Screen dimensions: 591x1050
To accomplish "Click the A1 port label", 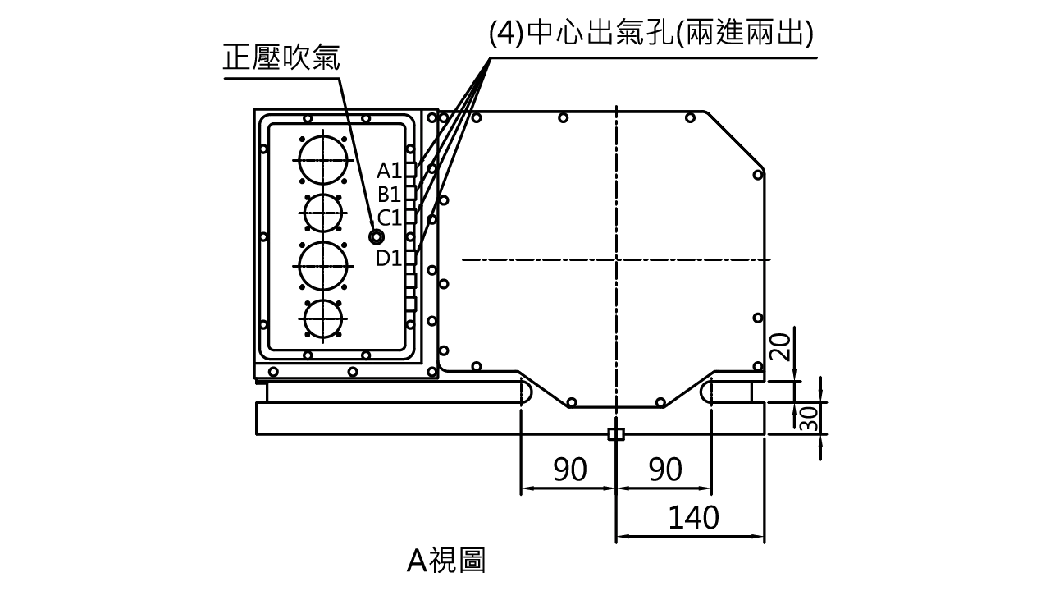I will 389,171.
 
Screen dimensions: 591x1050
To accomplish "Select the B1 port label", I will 389,195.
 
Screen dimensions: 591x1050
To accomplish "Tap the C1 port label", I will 389,218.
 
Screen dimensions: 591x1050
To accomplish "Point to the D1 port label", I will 387,258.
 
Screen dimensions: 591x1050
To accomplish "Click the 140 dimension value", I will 695,519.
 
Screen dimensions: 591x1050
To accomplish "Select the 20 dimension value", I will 780,348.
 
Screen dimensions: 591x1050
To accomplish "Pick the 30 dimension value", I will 808,418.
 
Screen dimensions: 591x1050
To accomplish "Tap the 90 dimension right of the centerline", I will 666,470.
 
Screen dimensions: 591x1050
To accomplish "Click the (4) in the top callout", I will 504,34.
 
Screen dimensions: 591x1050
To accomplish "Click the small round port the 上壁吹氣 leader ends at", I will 376,237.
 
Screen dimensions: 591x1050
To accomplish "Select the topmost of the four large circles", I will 322,159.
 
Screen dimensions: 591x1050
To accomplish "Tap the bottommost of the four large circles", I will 322,320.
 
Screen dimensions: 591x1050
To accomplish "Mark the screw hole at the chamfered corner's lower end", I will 760,173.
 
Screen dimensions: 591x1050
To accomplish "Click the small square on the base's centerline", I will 616,434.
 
